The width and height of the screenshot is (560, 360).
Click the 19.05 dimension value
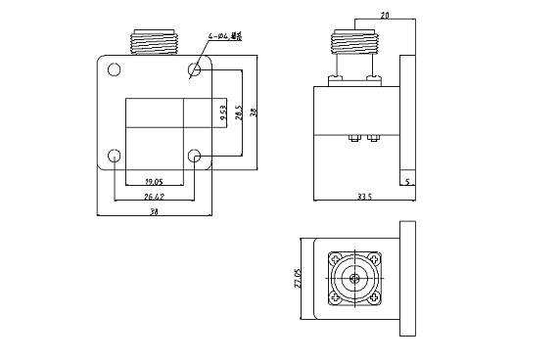point(154,181)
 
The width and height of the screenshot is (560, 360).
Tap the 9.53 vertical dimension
point(223,112)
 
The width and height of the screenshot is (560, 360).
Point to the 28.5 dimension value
point(237,112)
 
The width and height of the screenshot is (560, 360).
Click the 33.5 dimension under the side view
point(364,196)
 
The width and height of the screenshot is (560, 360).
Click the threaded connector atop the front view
point(155,41)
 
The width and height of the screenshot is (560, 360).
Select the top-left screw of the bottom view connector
point(335,260)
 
